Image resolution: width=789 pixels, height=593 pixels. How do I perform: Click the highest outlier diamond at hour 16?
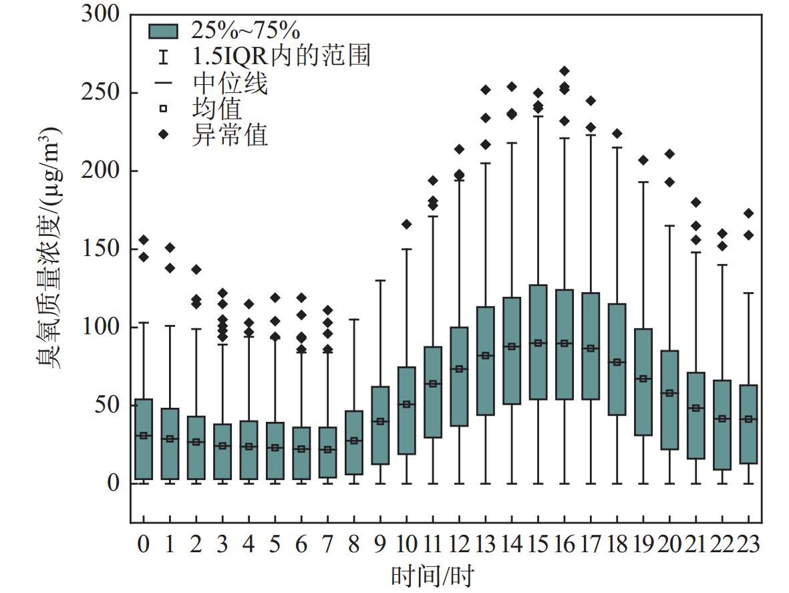point(565,71)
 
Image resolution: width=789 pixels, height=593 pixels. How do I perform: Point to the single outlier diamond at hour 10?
point(407,224)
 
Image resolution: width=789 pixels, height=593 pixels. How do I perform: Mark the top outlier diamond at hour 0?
point(144,240)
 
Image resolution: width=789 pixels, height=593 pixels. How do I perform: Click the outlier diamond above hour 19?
point(643,160)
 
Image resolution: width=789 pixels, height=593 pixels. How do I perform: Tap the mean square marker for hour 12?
point(459,369)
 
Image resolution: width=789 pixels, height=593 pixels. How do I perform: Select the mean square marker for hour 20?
point(670,393)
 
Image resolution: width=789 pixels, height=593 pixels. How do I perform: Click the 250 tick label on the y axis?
point(100,93)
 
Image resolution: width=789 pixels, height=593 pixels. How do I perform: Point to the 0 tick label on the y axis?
point(112,483)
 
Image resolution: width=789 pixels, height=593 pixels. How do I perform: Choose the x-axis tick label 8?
point(353,545)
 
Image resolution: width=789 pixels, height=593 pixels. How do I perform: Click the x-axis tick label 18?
point(617,545)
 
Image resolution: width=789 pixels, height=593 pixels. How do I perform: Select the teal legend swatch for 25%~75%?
point(164,31)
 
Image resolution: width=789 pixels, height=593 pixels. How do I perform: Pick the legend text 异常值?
point(230,135)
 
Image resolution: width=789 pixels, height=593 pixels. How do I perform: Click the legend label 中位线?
point(230,84)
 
